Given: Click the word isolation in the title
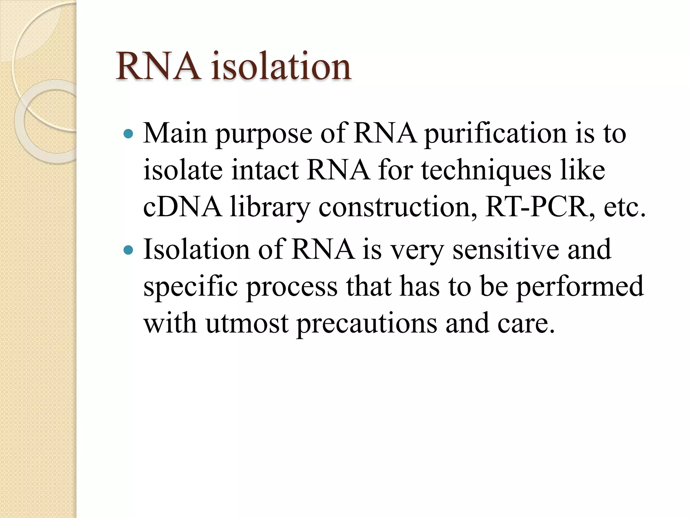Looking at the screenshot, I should (281, 67).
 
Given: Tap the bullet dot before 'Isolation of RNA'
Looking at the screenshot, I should (128, 250).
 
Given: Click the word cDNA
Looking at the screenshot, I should (182, 207).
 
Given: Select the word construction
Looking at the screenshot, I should (398, 207).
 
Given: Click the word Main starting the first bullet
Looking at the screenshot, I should (175, 134).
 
